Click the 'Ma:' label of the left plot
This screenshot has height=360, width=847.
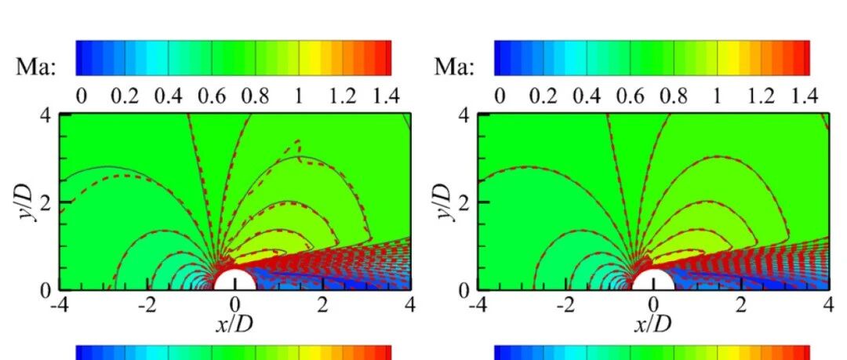[35, 67]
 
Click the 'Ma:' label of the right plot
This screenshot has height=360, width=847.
[454, 67]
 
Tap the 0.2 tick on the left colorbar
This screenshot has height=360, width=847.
[125, 96]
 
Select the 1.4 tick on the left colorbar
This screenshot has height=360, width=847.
[386, 96]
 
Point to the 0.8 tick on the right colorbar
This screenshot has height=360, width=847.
[674, 96]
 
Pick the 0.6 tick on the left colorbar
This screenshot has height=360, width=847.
[212, 96]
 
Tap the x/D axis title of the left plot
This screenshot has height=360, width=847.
[234, 323]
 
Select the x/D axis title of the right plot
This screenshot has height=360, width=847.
[653, 323]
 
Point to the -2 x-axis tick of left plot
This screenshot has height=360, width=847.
[147, 305]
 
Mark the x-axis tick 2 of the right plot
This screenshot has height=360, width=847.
[741, 305]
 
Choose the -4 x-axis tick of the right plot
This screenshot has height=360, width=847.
[477, 305]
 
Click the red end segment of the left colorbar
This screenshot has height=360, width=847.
[386, 57]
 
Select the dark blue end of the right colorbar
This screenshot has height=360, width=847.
[500, 57]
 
